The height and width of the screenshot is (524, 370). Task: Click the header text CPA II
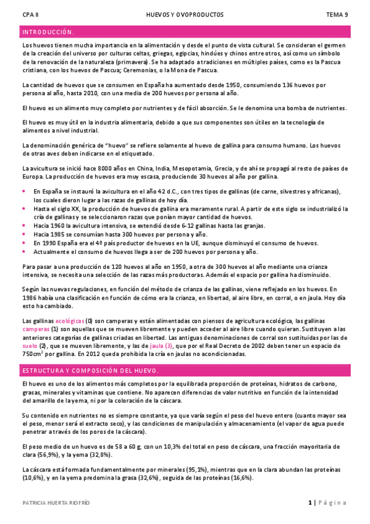pos(30,14)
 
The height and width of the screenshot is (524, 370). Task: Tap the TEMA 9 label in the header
pos(337,14)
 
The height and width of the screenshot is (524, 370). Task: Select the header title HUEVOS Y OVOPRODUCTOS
pos(185,14)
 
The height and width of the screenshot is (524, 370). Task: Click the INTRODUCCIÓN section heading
pos(48,32)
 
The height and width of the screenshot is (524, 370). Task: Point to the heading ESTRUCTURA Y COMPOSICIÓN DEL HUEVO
pos(90,370)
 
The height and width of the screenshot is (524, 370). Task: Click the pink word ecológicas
pos(70,321)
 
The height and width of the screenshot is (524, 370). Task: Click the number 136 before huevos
pos(290,85)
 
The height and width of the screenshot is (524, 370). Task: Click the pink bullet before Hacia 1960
pos(25,227)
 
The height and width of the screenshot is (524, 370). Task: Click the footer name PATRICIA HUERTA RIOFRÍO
pos(56,503)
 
